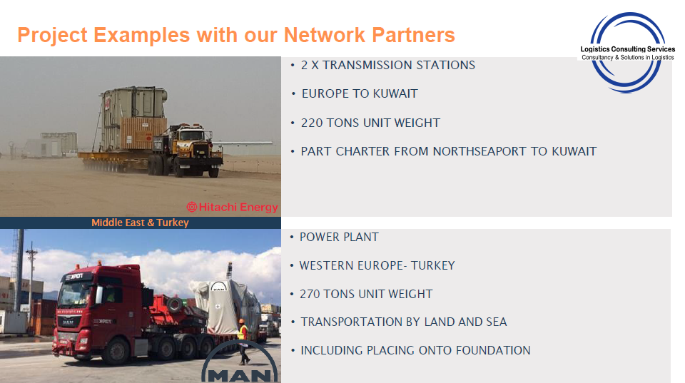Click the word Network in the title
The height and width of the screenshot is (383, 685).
pos(325,35)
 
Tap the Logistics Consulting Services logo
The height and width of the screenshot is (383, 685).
pos(627,53)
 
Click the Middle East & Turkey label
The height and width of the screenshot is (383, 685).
pos(141,223)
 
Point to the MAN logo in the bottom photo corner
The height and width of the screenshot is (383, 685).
pos(240,362)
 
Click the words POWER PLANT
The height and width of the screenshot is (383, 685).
pos(339,237)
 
